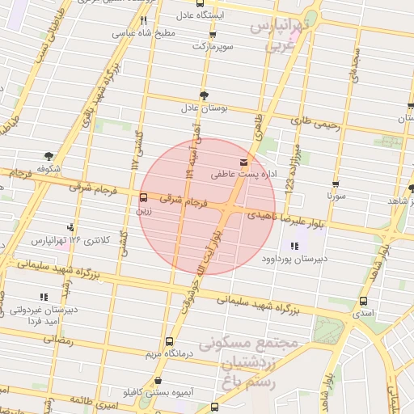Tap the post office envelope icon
243,163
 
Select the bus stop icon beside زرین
143,197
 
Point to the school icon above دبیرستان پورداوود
293,246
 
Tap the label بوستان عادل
205,107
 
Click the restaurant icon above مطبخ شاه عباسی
143,20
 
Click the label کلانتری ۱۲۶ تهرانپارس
67,240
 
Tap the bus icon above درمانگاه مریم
168,341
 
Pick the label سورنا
336,196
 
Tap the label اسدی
361,311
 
